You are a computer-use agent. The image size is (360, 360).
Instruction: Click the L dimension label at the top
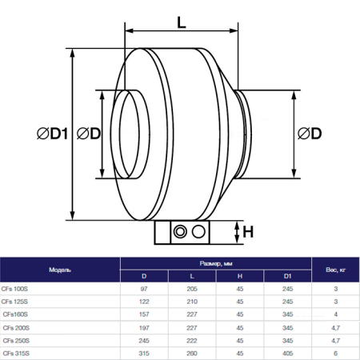click(182, 22)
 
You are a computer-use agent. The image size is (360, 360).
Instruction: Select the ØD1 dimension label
click(53, 134)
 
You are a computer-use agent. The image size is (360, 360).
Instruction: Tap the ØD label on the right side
click(310, 134)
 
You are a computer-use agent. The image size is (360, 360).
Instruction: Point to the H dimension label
click(248, 232)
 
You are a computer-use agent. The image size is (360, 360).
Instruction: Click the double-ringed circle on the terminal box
click(180, 231)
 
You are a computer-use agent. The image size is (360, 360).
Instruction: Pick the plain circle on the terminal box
click(198, 231)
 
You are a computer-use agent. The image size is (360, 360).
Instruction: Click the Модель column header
click(60, 270)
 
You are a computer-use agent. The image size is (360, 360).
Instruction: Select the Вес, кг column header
click(335, 270)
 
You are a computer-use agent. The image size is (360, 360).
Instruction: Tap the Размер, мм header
click(216, 263)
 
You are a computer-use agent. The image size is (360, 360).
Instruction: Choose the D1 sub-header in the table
click(287, 276)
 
